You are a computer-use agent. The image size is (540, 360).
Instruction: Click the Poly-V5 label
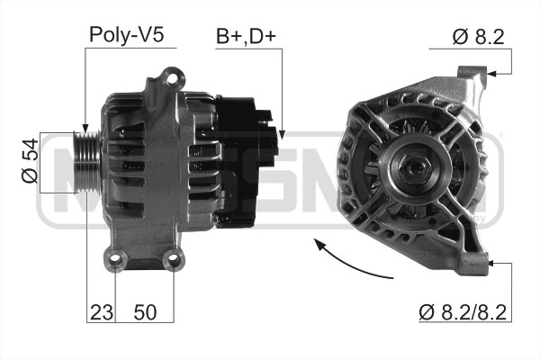(x=126, y=35)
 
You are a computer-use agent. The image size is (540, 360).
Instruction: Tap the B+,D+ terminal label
(x=247, y=36)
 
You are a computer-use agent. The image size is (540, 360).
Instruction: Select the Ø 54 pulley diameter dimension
(x=30, y=160)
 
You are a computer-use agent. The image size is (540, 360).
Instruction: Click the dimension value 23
(x=101, y=312)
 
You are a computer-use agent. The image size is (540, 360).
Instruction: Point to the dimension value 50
(x=145, y=312)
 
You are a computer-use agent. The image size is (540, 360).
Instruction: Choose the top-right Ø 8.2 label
(x=479, y=37)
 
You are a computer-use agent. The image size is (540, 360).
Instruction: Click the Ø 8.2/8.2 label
(x=463, y=312)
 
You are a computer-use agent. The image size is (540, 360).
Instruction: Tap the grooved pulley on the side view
(x=86, y=162)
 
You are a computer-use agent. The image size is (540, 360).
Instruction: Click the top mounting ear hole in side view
(x=172, y=79)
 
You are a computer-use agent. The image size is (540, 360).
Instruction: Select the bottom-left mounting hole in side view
(x=116, y=260)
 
